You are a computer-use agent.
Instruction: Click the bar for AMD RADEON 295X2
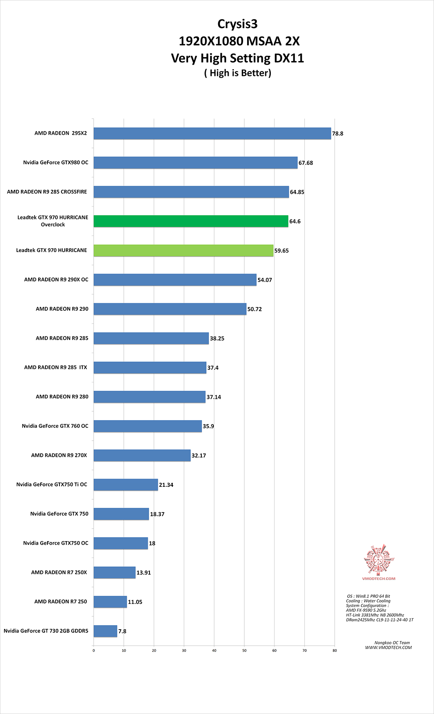pos(212,133)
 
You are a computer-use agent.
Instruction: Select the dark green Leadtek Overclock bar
pos(191,221)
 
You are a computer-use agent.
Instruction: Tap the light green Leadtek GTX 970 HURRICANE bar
pos(183,250)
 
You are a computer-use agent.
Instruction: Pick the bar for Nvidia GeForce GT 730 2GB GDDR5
pos(105,631)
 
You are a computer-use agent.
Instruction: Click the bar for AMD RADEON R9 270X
pos(142,455)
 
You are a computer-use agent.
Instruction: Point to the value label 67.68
pos(305,163)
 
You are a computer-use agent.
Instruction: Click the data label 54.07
pos(264,280)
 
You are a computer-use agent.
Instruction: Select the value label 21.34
pos(166,485)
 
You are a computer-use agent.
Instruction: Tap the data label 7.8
pos(122,631)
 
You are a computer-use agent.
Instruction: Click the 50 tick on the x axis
pos(244,650)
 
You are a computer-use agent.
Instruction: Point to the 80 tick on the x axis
pos(335,650)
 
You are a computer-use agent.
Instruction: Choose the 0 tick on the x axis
pos(94,650)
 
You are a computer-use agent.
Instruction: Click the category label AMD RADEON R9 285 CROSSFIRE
pos(47,192)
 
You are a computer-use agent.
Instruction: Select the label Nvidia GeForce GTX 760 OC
pos(55,426)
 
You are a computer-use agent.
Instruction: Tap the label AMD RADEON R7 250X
pos(59,572)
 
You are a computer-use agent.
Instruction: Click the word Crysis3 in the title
pos(237,24)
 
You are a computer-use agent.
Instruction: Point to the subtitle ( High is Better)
pos(237,73)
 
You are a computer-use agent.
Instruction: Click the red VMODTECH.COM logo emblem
pos(379,560)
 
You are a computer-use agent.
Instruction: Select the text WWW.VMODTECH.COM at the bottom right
pos(388,648)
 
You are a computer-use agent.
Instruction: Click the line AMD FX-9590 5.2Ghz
pos(366,610)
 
